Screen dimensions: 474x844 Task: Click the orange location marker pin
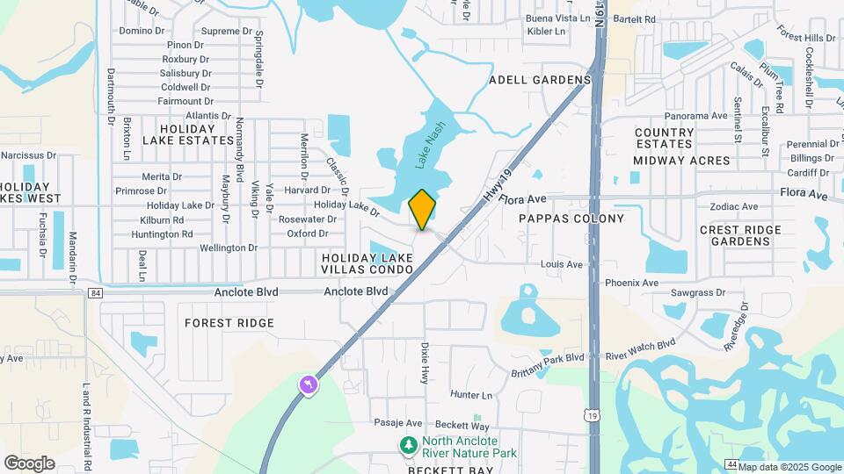coord(422,209)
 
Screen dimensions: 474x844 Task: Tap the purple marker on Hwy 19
coord(309,384)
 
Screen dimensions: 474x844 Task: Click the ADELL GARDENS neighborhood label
coord(540,80)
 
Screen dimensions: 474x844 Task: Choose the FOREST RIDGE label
coord(229,323)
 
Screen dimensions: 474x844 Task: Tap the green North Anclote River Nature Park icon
coord(408,446)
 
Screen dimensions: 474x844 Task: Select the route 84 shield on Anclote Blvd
coord(96,292)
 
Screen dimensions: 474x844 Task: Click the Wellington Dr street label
coord(228,248)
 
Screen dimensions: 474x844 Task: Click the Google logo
coord(29,463)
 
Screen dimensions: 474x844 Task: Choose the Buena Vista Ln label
coord(557,18)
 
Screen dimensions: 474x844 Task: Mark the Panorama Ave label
coord(696,116)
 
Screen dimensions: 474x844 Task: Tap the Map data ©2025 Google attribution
coord(789,467)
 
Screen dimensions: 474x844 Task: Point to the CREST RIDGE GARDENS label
coord(741,235)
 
